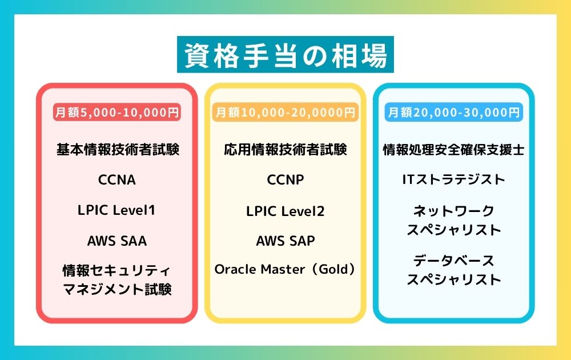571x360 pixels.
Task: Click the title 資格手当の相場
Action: (x=285, y=55)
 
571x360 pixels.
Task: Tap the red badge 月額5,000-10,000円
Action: (x=117, y=112)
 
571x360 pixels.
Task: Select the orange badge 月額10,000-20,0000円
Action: (x=285, y=112)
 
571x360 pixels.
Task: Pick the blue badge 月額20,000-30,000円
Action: (x=454, y=112)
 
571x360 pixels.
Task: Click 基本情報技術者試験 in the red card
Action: (x=117, y=149)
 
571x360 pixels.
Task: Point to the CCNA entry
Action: (x=117, y=179)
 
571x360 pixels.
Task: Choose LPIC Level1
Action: (x=116, y=210)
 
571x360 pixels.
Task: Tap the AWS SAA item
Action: (x=117, y=241)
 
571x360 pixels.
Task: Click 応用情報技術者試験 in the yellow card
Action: (x=285, y=149)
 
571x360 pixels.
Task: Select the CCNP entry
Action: (x=285, y=179)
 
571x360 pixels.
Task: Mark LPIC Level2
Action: (x=285, y=211)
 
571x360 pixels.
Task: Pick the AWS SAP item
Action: (x=285, y=241)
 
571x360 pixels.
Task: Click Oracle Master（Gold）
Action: (x=285, y=269)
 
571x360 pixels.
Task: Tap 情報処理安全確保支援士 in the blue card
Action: (x=454, y=149)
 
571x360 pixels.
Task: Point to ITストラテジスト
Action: (x=454, y=179)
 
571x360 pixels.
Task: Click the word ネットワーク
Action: (x=454, y=211)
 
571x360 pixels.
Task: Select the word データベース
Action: (x=454, y=261)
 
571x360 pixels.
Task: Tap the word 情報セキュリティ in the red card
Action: (x=116, y=271)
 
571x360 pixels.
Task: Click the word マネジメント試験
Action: (x=117, y=289)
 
